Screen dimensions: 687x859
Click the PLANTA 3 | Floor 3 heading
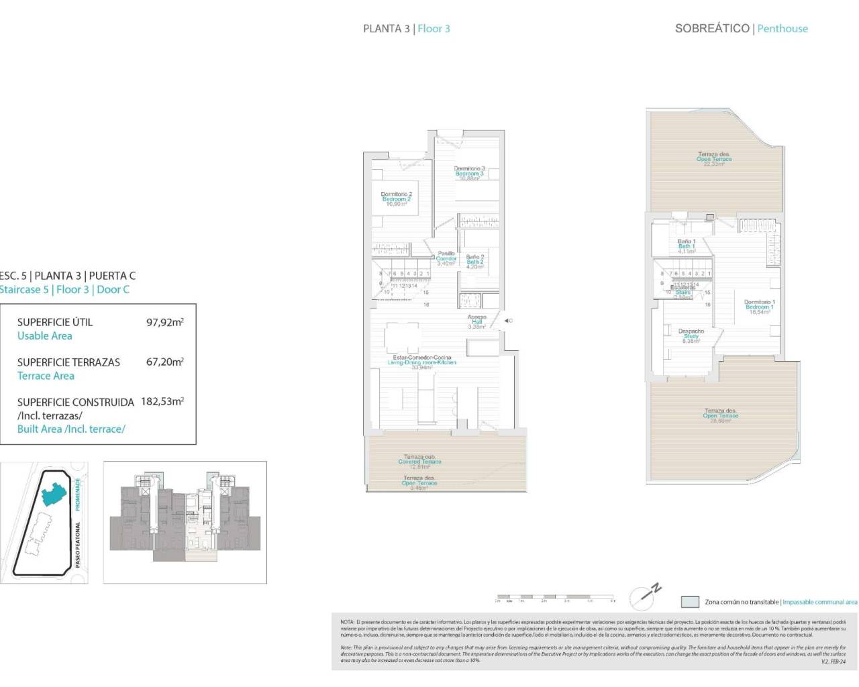tap(406, 28)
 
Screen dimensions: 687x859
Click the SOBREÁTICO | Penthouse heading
tap(741, 28)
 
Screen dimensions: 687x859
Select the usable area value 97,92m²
tap(164, 322)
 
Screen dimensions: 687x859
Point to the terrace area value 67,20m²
tap(164, 362)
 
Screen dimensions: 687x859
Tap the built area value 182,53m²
tap(162, 402)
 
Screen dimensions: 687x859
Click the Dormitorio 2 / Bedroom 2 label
tap(396, 199)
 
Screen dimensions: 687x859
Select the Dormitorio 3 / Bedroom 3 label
tap(469, 173)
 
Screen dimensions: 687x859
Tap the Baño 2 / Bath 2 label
tap(474, 262)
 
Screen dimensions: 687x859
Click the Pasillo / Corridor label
tap(446, 258)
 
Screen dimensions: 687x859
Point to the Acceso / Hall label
tap(476, 322)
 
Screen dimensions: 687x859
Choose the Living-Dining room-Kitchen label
tap(422, 362)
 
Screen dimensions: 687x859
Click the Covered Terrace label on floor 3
tap(419, 462)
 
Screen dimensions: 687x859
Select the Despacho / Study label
tap(691, 335)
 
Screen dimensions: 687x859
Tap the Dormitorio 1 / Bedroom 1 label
tap(759, 307)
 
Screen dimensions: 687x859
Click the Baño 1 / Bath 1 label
tap(686, 246)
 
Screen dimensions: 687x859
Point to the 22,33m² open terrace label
tap(714, 159)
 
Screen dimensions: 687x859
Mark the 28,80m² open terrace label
tap(721, 415)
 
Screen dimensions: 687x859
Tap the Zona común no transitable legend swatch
tap(690, 602)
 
